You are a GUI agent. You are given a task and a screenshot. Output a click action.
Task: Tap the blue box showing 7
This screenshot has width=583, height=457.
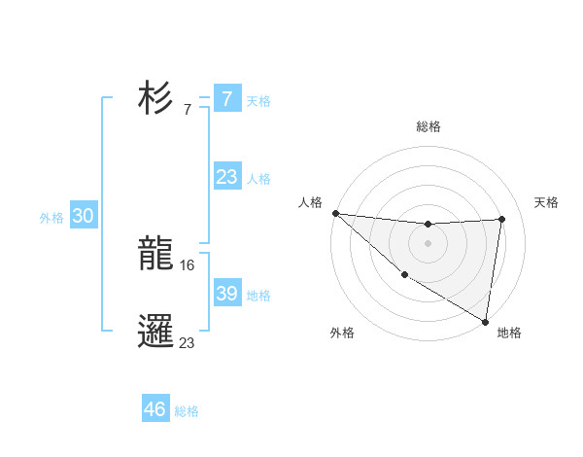226,99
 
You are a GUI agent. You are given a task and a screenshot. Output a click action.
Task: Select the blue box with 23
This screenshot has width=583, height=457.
226,177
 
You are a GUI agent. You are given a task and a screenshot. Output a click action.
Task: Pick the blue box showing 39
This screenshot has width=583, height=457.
226,294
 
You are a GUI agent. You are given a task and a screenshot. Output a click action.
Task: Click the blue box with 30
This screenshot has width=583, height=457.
83,217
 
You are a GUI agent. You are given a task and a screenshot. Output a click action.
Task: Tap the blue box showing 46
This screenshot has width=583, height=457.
155,409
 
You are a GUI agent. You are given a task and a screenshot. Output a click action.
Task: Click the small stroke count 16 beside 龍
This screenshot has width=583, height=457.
188,264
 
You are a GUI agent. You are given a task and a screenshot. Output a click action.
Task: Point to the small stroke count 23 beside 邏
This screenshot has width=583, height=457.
188,342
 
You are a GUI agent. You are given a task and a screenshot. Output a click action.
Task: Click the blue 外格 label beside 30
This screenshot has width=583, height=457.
51,218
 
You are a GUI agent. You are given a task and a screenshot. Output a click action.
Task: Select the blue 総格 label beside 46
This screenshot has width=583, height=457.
187,411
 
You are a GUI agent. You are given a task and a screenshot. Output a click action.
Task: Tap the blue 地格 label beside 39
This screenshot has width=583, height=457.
258,296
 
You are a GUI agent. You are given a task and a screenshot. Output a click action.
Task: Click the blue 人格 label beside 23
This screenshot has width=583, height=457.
258,179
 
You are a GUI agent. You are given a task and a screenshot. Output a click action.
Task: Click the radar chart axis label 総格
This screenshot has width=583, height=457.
428,126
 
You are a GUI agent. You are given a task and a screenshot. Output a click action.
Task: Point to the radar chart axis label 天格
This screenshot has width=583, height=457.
546,202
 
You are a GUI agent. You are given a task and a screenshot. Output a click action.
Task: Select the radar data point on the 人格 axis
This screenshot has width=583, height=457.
335,213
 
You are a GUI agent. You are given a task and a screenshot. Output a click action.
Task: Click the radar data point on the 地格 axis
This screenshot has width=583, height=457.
484,320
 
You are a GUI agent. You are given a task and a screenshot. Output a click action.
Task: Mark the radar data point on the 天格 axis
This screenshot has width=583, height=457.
502,219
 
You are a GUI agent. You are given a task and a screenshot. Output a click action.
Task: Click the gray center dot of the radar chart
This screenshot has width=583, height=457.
428,242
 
